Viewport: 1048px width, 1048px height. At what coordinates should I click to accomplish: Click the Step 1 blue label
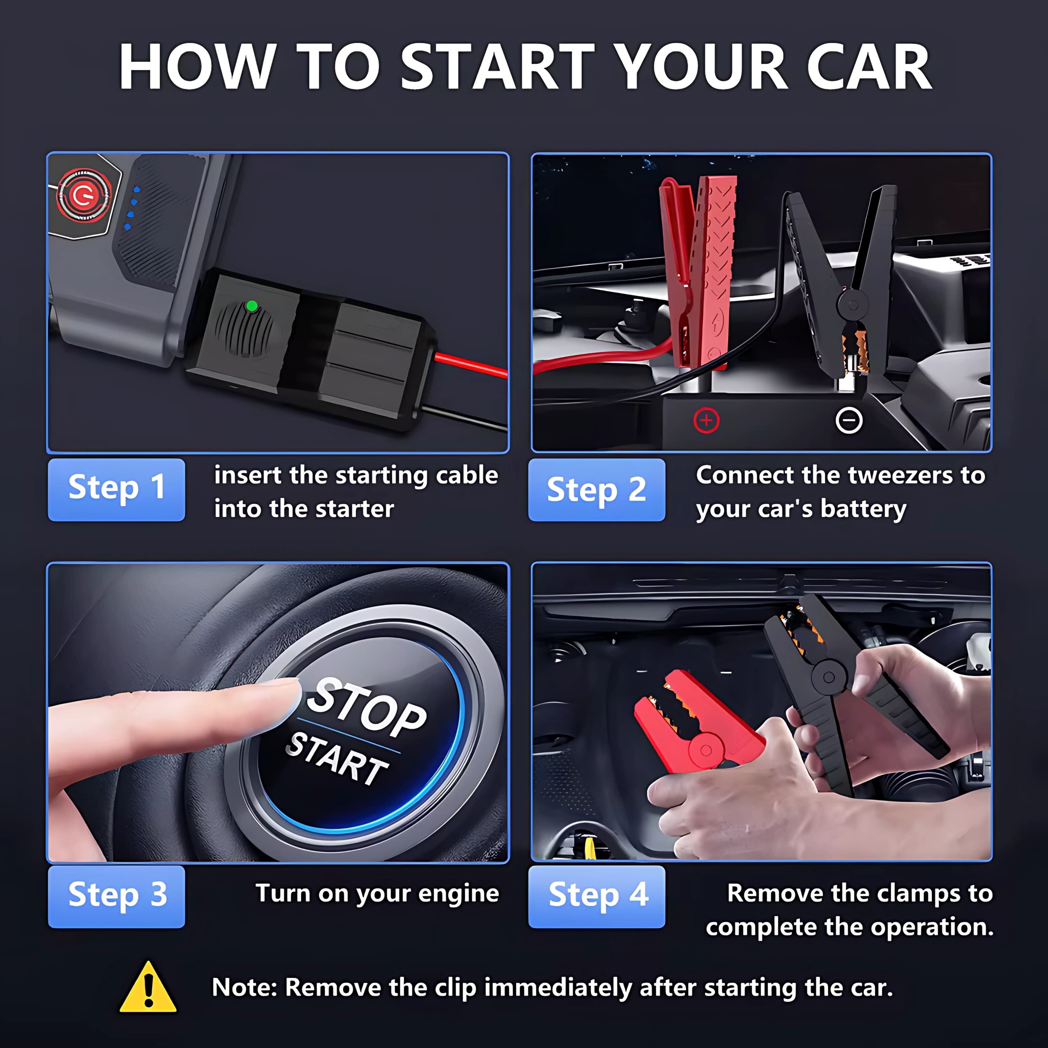pyautogui.click(x=117, y=490)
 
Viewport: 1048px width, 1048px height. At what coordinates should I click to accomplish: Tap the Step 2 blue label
pyautogui.click(x=597, y=490)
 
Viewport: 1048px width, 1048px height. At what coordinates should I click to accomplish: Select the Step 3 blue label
pyautogui.click(x=117, y=897)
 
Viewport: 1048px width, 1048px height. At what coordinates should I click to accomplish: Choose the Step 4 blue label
pyautogui.click(x=597, y=897)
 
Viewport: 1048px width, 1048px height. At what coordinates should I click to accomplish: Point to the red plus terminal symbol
pyautogui.click(x=706, y=420)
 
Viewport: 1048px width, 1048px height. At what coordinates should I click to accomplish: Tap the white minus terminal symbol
pyautogui.click(x=849, y=420)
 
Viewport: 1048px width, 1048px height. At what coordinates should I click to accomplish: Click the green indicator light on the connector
pyautogui.click(x=252, y=306)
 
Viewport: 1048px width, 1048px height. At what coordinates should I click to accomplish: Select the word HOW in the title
pyautogui.click(x=196, y=67)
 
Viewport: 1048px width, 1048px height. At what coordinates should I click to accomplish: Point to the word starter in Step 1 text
pyautogui.click(x=355, y=509)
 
